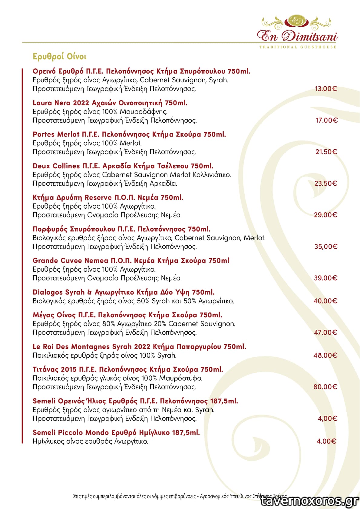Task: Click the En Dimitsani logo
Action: pyautogui.click(x=297, y=30)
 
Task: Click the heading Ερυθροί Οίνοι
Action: pyautogui.click(x=59, y=57)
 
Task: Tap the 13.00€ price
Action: pyautogui.click(x=326, y=89)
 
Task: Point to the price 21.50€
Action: pyautogui.click(x=326, y=152)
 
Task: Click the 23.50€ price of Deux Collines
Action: pyautogui.click(x=326, y=183)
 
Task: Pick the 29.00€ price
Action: pyautogui.click(x=325, y=215)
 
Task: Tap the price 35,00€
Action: pyautogui.click(x=326, y=246)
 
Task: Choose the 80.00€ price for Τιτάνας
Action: pyautogui.click(x=325, y=387)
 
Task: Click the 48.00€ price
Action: pyautogui.click(x=325, y=355)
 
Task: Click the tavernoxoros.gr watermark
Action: pyautogui.click(x=309, y=501)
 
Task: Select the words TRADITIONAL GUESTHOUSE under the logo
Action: pyautogui.click(x=298, y=47)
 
